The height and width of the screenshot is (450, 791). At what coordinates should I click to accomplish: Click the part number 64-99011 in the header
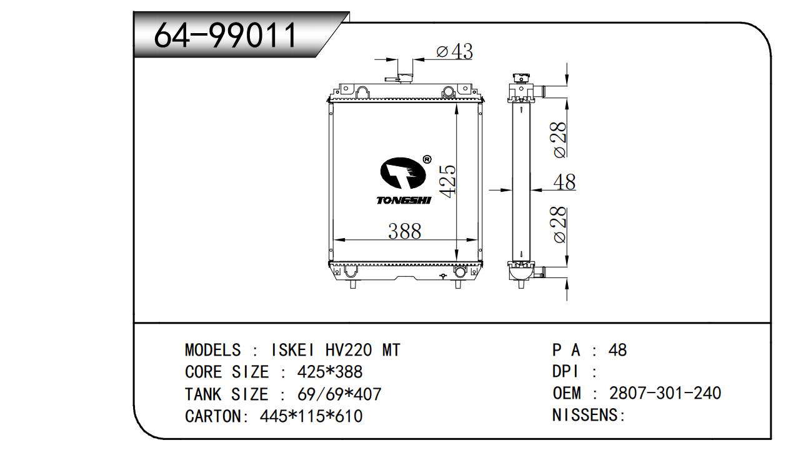click(226, 35)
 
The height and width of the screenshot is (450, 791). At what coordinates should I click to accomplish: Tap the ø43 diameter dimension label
click(454, 51)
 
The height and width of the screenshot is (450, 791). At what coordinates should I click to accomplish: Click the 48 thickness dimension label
click(564, 182)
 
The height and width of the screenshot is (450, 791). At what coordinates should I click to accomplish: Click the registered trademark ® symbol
click(427, 159)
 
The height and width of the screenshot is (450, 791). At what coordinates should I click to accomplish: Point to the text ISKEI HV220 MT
click(334, 350)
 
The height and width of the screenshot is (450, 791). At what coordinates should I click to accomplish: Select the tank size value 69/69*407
click(337, 394)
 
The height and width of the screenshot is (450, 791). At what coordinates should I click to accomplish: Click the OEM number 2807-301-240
click(665, 393)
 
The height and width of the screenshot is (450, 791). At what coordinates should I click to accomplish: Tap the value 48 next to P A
click(617, 350)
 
